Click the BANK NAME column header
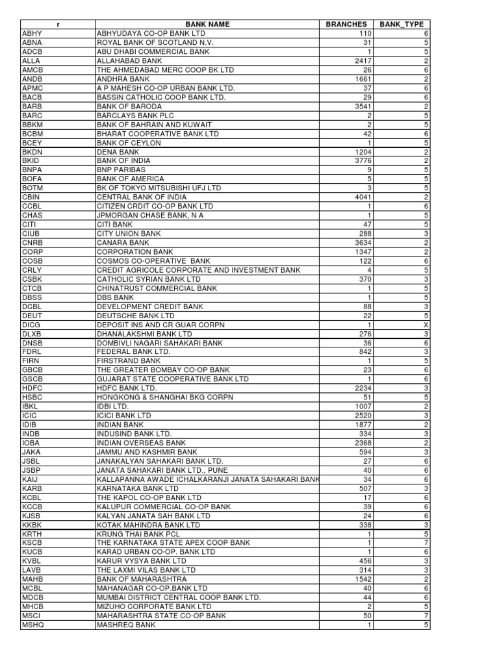[x=207, y=24]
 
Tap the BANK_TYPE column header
[x=401, y=24]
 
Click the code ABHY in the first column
[x=31, y=33]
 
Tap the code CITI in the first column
[x=30, y=224]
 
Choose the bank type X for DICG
[x=426, y=324]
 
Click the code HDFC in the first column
[x=32, y=388]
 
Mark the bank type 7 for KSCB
[x=426, y=542]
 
